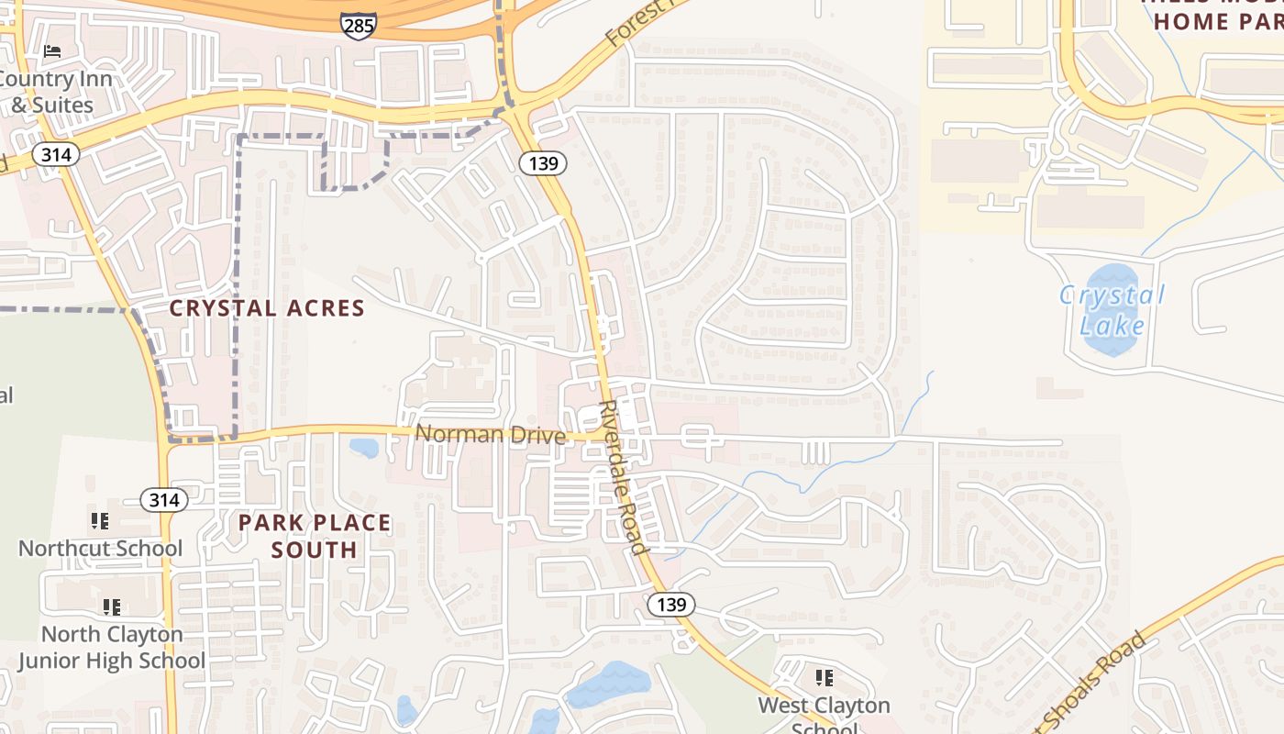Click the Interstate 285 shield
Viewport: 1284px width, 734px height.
tap(358, 25)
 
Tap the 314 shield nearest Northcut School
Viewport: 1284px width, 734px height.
tap(164, 500)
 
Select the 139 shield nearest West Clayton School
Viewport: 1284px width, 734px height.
tap(671, 605)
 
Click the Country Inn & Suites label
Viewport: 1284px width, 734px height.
tap(55, 92)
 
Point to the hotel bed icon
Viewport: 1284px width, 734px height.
tap(52, 51)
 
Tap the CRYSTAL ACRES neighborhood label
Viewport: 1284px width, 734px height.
tap(267, 308)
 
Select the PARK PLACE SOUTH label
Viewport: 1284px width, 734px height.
tap(315, 537)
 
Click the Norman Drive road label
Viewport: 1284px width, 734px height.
tap(490, 434)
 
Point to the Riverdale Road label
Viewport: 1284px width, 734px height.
tap(624, 477)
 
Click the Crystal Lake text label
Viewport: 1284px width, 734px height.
tap(1112, 310)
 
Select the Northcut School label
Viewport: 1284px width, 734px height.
tap(101, 549)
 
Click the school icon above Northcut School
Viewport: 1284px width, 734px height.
tap(100, 521)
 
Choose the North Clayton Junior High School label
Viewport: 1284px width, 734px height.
tap(112, 647)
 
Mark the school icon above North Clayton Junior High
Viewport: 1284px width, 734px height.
tap(112, 606)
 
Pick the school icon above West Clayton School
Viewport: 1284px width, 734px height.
tap(824, 678)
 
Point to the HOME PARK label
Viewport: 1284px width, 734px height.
tap(1219, 20)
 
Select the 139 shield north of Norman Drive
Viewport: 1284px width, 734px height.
tap(542, 163)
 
